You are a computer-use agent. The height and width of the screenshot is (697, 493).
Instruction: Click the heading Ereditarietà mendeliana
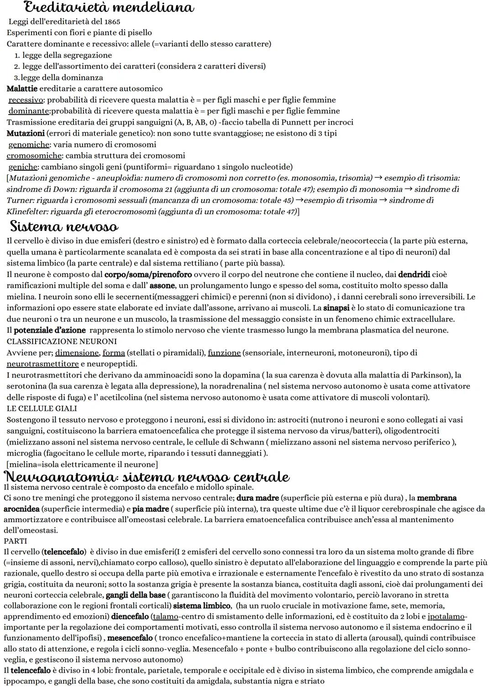point(109,8)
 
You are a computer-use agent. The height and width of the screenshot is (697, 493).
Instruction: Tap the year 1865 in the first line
point(112,21)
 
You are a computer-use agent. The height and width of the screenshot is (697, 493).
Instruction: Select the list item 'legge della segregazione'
point(67,55)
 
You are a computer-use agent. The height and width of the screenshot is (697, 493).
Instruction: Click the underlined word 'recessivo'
point(26,100)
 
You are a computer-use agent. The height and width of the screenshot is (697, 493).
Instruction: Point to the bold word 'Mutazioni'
point(26,133)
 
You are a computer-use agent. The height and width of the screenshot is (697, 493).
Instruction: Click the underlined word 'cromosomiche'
point(34,156)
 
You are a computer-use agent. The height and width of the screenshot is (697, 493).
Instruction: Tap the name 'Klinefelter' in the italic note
point(26,211)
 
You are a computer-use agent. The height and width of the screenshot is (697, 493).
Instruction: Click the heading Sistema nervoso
point(64,227)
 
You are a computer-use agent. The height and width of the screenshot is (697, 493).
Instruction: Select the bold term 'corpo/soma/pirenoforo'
point(148,275)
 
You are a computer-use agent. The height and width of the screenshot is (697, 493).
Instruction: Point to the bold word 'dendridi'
point(414,275)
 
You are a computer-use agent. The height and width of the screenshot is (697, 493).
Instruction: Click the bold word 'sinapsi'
point(336,308)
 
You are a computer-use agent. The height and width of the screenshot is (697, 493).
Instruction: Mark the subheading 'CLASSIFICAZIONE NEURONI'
point(62,341)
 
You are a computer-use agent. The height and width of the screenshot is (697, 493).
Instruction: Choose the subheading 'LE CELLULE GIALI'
point(42,409)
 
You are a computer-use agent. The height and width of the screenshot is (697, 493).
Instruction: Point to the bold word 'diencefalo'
point(130,617)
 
